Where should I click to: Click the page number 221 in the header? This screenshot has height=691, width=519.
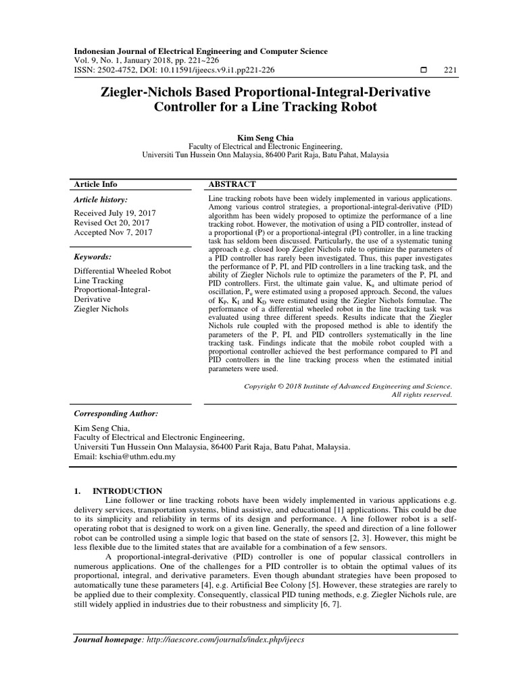[x=450, y=70]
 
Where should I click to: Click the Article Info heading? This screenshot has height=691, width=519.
[x=95, y=184]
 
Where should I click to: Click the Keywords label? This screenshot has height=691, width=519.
[x=93, y=257]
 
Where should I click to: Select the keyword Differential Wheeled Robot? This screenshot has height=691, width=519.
[x=122, y=271]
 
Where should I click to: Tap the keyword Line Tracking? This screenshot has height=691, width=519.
[x=99, y=281]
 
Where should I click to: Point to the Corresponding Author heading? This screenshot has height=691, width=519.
[x=115, y=412]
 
